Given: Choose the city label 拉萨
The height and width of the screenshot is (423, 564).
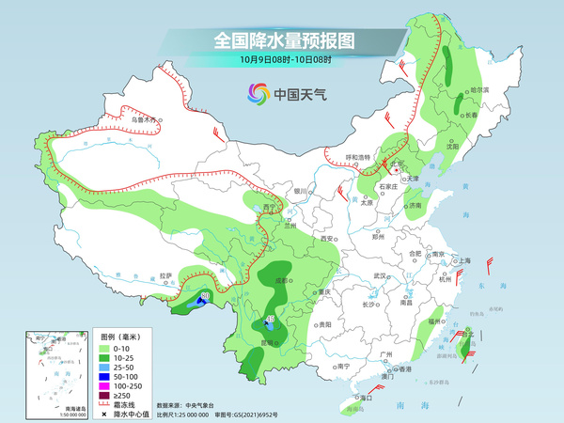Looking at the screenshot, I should [x=166, y=275].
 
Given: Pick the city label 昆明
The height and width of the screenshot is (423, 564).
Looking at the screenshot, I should [x=267, y=342].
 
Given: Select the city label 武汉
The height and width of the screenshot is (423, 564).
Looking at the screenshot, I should [x=380, y=275].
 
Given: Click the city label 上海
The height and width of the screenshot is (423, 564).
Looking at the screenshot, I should [x=462, y=260].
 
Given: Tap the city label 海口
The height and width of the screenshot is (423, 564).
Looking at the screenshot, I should [x=358, y=398].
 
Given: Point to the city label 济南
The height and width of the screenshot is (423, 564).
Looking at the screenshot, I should [x=415, y=204].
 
